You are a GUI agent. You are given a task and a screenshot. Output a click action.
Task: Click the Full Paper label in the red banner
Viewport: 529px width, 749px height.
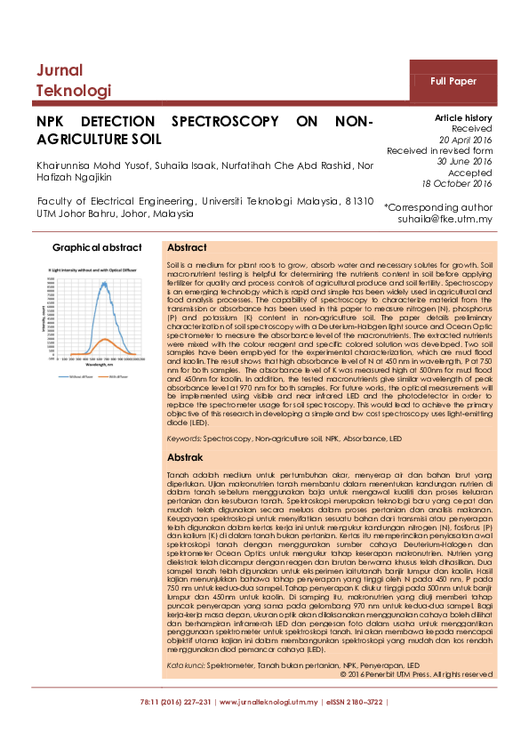(453, 81)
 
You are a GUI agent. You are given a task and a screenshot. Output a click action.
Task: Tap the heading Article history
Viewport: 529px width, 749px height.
(462, 118)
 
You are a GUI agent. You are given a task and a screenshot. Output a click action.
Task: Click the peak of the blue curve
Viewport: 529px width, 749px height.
(106, 284)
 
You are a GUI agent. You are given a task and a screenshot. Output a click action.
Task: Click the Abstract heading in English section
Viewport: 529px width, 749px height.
(188, 248)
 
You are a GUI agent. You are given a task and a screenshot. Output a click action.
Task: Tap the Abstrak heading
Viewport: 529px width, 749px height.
(186, 456)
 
